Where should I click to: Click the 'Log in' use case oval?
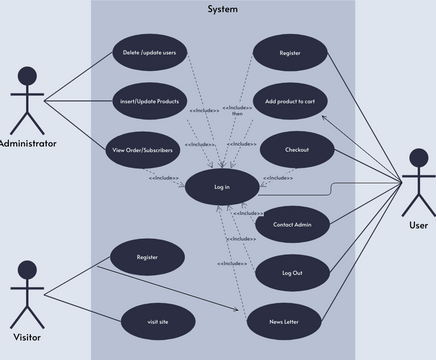(222, 187)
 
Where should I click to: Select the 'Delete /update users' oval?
(149, 52)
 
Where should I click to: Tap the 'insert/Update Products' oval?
(149, 101)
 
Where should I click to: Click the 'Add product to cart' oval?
(291, 102)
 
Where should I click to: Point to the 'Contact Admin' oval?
(292, 224)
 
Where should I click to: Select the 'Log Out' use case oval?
(292, 272)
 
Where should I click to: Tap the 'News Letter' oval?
(283, 321)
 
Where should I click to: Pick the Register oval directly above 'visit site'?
(147, 257)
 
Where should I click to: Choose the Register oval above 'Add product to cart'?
(290, 52)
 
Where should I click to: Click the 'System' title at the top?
(223, 9)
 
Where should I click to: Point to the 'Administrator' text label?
(28, 144)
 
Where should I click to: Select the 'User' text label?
(419, 225)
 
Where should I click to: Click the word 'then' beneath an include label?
(237, 114)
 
